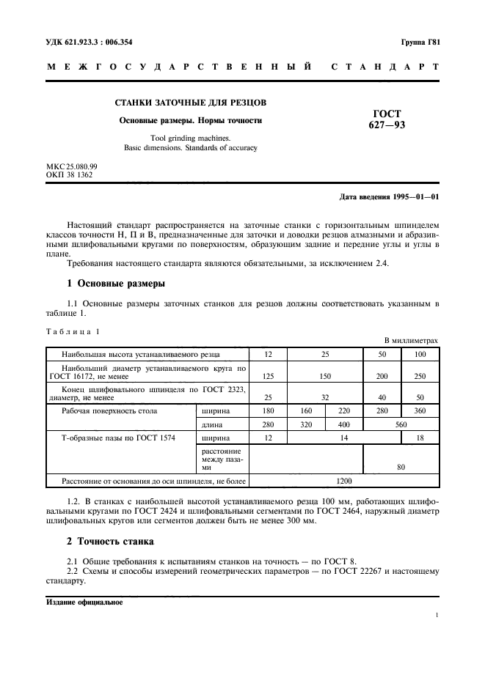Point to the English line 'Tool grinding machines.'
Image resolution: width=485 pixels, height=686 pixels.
pos(190,137)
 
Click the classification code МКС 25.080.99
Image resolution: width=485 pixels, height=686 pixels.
pos(72,166)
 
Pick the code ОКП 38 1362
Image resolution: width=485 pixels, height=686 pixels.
pos(69,175)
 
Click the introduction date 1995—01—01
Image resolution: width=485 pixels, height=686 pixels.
pos(415,197)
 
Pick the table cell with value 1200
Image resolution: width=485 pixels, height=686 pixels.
pos(344,482)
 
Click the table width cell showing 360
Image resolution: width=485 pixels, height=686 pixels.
pos(420,410)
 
